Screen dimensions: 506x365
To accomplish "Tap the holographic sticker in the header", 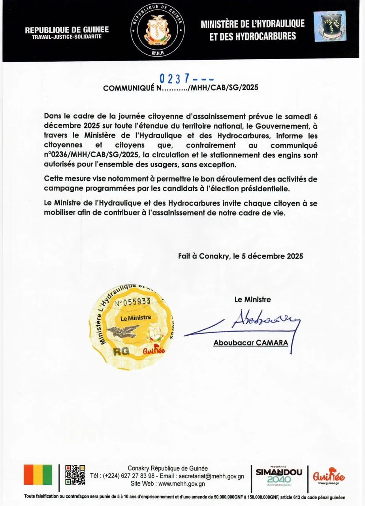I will pos(330,26).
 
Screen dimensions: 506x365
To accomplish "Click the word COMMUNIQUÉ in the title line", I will pos(129,88).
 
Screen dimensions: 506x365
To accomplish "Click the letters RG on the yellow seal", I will pos(119,351).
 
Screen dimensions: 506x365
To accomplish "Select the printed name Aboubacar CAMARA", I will pos(251,343).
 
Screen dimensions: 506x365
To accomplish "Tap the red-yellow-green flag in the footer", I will pos(38,474).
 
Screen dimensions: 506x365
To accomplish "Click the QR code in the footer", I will pos(75,474).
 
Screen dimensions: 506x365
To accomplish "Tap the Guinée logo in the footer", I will pos(329,476).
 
